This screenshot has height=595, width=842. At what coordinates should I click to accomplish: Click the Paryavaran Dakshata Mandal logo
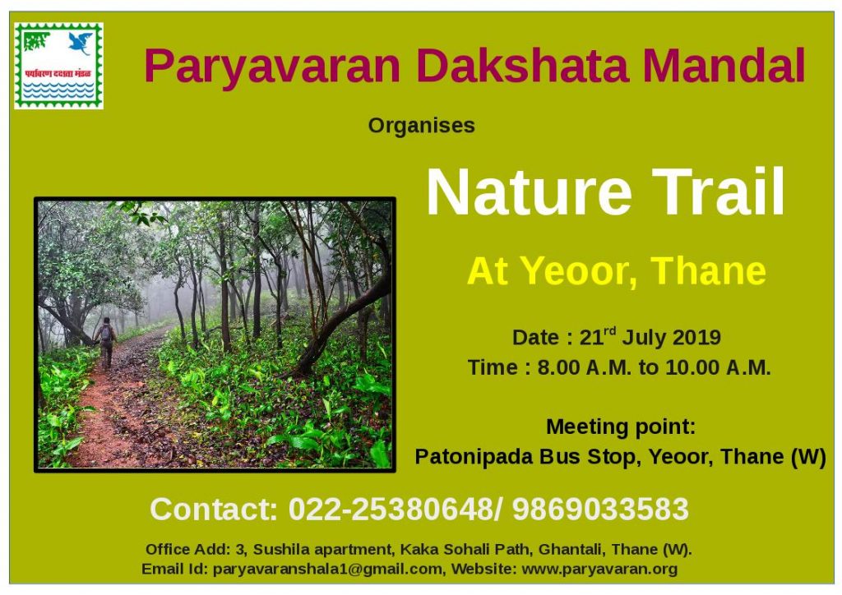58,66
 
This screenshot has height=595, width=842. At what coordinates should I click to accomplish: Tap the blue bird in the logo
81,43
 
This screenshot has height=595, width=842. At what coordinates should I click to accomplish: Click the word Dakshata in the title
521,66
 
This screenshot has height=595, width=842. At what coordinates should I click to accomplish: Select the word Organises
422,126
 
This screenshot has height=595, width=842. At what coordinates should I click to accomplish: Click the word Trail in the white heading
718,191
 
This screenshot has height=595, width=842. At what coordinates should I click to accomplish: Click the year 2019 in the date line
696,338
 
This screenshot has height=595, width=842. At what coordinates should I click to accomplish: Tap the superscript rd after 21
610,331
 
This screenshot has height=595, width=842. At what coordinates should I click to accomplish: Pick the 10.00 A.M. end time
718,367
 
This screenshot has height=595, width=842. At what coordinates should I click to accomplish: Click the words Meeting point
621,427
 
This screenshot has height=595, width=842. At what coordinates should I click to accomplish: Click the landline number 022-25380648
391,509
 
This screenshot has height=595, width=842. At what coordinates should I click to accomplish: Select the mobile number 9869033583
600,509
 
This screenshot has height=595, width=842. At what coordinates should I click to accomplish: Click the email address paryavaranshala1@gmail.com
327,569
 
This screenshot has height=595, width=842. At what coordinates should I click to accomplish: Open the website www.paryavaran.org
599,569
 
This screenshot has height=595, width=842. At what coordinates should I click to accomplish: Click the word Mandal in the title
724,66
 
